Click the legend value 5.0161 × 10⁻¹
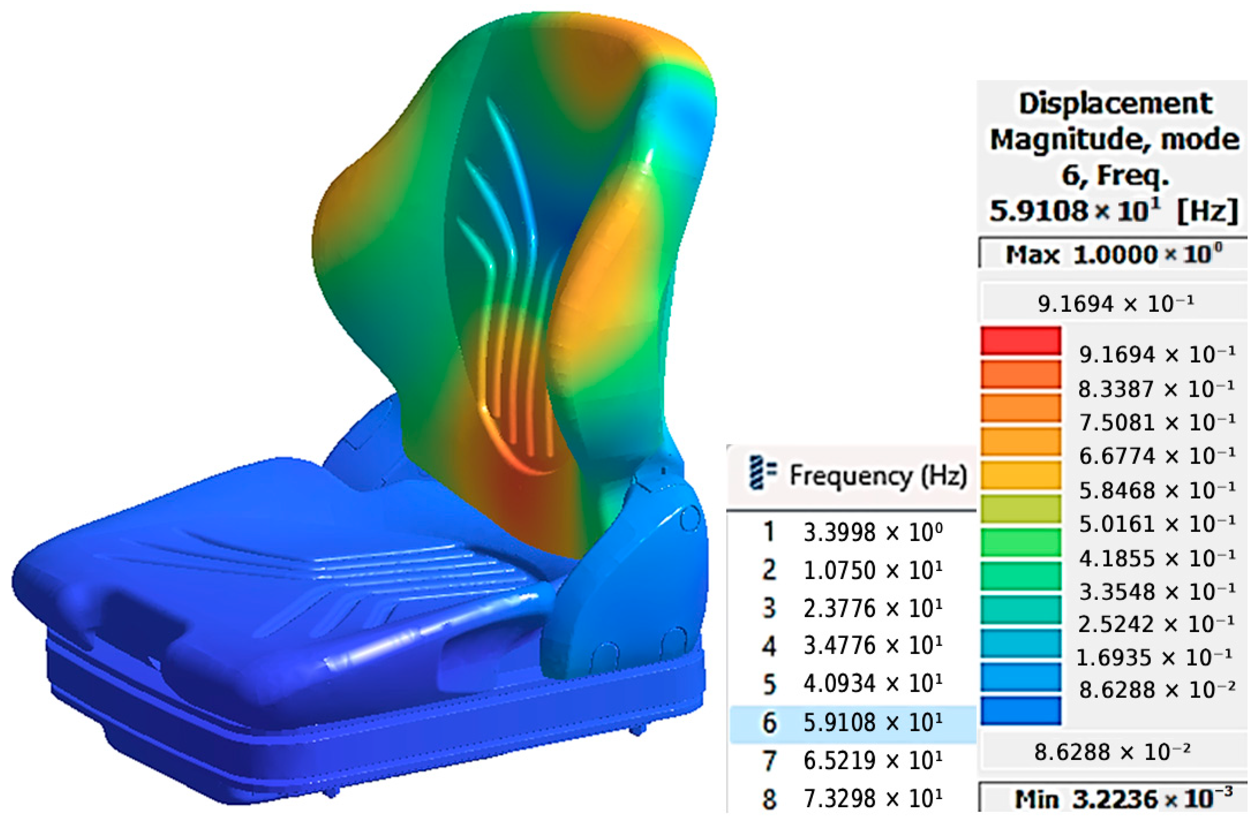(1157, 524)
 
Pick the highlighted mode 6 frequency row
(853, 723)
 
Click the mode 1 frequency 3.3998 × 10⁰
(873, 532)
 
